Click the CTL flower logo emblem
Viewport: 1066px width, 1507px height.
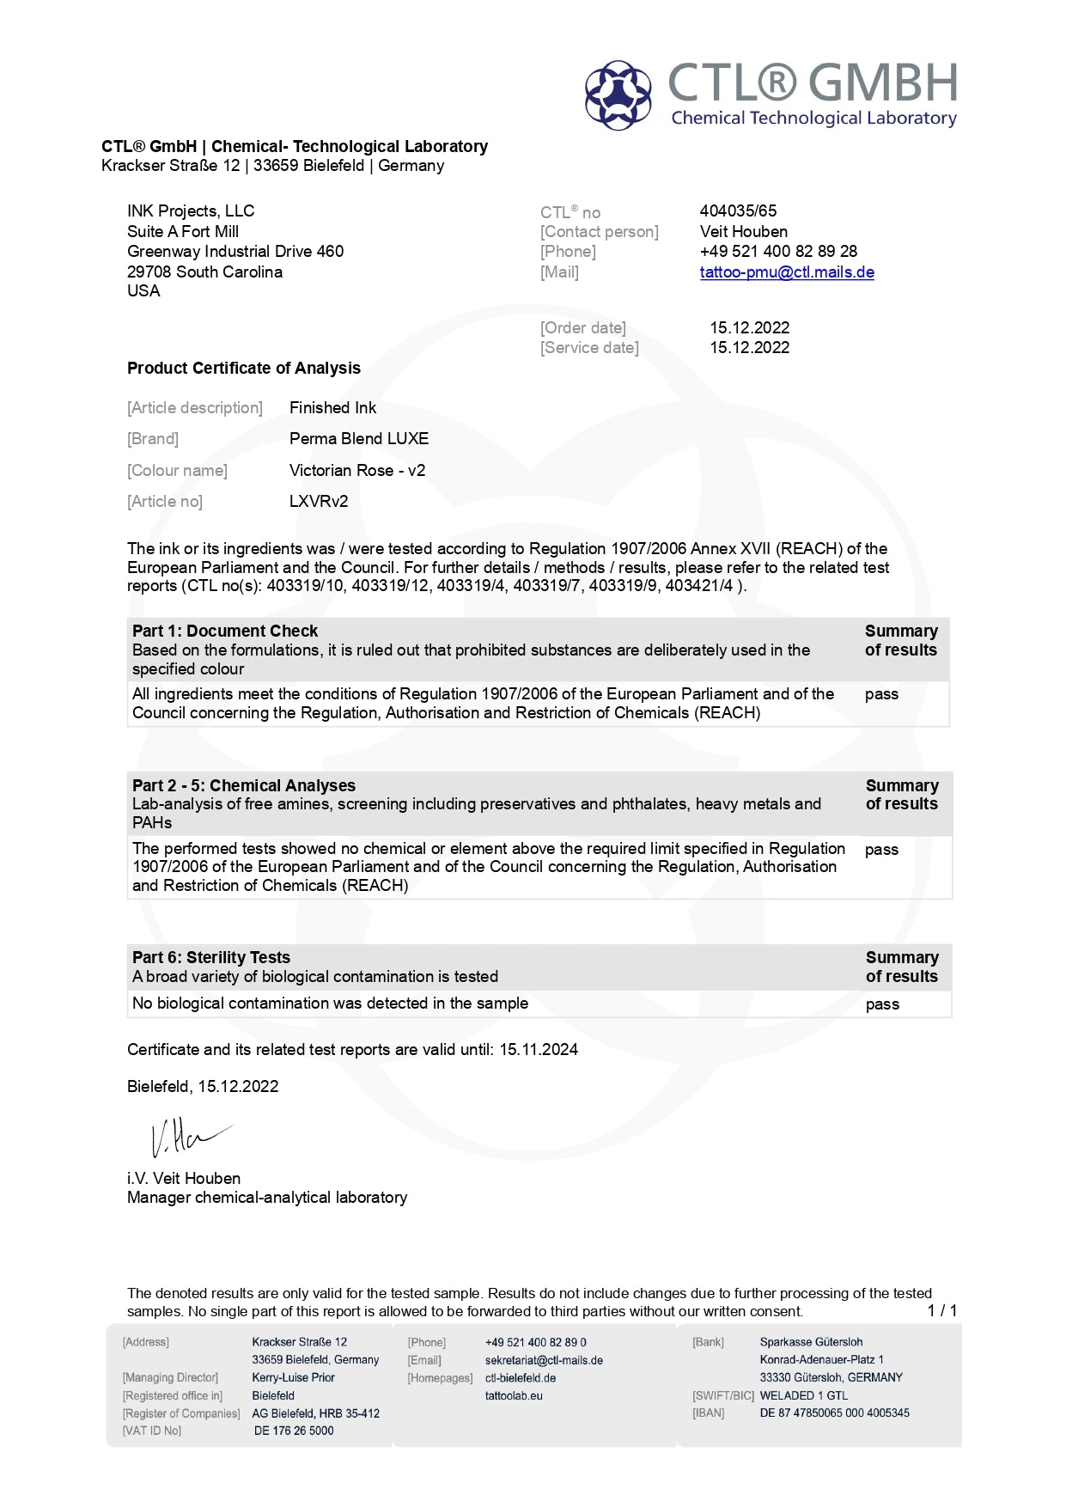pos(618,95)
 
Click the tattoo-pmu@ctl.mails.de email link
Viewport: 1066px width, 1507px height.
pos(786,272)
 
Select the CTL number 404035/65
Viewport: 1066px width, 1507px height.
pos(738,210)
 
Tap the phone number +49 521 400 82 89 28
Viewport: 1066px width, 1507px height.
pos(778,251)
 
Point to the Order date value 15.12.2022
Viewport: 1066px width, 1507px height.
pos(749,327)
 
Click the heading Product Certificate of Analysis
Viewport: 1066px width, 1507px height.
pos(244,368)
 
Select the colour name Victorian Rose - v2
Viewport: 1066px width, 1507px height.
pos(357,470)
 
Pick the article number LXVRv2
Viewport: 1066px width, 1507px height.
pos(319,501)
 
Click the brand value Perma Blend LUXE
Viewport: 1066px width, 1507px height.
pos(359,438)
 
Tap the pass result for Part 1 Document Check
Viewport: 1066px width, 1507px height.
pos(881,694)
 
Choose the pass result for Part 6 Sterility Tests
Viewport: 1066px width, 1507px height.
pos(882,1004)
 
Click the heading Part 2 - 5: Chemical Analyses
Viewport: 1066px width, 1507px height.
pos(244,785)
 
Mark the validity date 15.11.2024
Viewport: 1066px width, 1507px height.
pos(539,1049)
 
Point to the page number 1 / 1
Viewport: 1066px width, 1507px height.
pos(941,1310)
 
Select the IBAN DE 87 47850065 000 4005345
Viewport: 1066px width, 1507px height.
pos(834,1412)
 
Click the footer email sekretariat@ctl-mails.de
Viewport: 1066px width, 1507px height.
pos(544,1360)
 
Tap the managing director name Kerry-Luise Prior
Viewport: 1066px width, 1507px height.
pos(293,1377)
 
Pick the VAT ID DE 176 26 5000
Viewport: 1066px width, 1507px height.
pos(294,1431)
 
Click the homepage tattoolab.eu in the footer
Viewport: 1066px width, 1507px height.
pos(514,1395)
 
